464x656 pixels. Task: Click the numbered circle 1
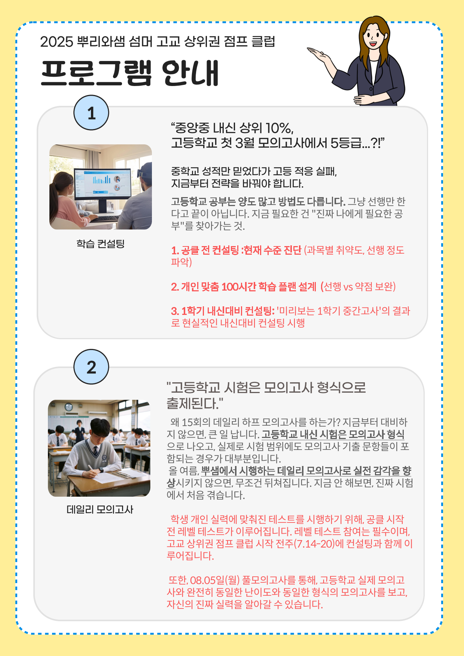91,113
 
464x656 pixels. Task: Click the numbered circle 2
91,367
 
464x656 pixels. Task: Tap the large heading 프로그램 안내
129,73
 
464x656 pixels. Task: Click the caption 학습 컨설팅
100,244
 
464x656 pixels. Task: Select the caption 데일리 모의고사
100,509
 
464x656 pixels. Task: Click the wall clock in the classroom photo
69,407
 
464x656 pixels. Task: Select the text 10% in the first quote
279,128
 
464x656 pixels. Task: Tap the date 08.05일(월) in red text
215,580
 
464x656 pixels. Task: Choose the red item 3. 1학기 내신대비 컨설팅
223,311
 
